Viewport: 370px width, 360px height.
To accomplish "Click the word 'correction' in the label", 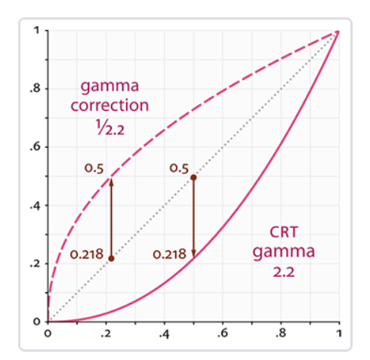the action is [109, 105].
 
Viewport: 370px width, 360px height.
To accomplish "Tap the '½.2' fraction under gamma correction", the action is [109, 128].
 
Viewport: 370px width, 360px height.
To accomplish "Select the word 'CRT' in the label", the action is [284, 232].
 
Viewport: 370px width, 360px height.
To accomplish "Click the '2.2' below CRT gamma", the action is [284, 272].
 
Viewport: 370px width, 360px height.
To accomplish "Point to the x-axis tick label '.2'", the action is [106, 334].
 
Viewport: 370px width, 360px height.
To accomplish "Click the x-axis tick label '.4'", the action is [164, 334].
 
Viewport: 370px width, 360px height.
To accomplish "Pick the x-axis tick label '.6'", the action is [223, 334].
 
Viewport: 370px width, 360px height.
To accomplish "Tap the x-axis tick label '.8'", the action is [281, 334].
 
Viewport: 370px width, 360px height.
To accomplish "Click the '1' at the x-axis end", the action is [339, 334].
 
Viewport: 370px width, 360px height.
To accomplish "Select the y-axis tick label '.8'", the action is [35, 88].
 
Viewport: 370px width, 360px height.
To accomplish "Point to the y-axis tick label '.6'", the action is [35, 147].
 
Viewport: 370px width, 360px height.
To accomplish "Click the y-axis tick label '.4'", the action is [35, 205].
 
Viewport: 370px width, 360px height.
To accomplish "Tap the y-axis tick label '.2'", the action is [35, 263].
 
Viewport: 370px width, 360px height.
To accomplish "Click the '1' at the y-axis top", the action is [37, 30].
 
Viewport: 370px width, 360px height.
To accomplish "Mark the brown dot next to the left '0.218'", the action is [111, 258].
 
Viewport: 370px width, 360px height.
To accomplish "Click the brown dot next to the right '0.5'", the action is [193, 177].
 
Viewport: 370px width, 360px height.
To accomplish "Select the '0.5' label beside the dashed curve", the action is [94, 168].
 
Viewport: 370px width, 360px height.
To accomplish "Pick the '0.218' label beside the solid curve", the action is [170, 254].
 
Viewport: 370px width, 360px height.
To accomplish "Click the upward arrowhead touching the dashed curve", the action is [112, 182].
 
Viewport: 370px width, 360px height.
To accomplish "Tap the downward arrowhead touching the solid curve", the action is [193, 254].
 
